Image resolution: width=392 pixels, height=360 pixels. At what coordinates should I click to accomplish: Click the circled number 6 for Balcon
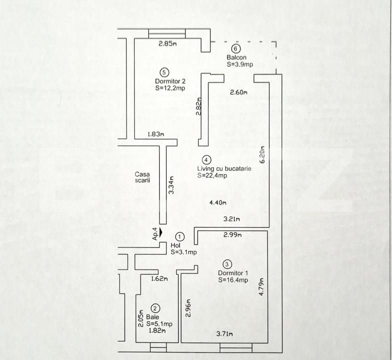[235, 48]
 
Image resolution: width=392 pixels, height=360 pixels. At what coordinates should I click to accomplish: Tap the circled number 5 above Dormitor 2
[164, 72]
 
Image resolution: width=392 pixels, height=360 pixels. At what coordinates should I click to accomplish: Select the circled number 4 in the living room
[206, 159]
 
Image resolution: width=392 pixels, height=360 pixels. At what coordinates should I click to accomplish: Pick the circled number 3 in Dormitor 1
[227, 264]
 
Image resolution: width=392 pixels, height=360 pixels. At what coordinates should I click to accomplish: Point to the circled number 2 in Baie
[155, 308]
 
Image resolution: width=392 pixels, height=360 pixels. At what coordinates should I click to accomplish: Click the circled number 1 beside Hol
[180, 236]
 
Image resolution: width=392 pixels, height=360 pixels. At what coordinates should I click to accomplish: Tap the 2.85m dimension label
[168, 43]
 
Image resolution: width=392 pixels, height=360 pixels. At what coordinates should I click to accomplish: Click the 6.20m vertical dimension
[262, 154]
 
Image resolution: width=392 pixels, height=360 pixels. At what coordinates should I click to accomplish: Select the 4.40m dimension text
[217, 202]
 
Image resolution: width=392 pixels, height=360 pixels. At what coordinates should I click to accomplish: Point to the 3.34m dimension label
[171, 185]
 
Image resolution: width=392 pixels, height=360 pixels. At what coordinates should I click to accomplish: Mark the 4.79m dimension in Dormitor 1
[261, 286]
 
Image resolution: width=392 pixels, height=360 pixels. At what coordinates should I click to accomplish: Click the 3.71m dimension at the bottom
[224, 333]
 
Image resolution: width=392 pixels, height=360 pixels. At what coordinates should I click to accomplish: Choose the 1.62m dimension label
[160, 278]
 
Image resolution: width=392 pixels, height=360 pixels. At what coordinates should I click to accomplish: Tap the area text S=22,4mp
[212, 175]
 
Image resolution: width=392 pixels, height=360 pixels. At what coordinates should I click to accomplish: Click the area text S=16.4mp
[233, 280]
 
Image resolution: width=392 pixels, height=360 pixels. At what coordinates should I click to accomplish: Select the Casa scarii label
[142, 177]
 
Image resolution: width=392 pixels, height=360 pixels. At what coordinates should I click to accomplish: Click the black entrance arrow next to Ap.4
[161, 232]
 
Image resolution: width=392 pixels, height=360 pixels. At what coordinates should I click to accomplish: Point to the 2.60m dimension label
[238, 92]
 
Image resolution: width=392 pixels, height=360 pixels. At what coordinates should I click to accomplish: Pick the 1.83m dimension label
[156, 134]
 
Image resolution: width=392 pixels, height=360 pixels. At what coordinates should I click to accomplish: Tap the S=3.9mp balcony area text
[240, 64]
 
